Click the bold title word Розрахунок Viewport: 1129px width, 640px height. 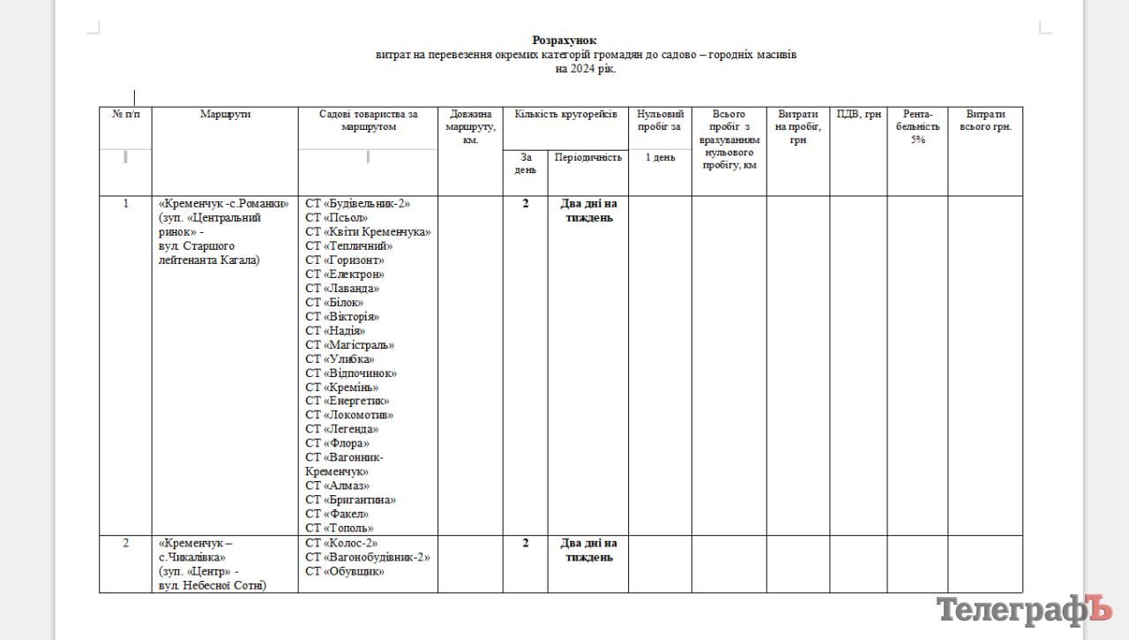coord(564,40)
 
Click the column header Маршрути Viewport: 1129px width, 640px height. coord(225,115)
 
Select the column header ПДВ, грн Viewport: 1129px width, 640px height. coord(858,115)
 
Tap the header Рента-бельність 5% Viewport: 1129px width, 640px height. coord(917,126)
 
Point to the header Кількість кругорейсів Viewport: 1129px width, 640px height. coord(565,115)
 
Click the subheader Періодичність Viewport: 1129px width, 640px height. coord(587,157)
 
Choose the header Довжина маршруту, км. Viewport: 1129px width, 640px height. coord(470,127)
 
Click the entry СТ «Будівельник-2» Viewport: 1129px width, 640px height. coord(358,204)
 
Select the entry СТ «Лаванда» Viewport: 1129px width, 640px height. coord(342,289)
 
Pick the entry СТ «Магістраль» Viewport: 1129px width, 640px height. coord(349,345)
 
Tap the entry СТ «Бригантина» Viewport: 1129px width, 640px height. coord(350,500)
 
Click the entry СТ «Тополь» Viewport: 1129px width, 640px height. coord(340,528)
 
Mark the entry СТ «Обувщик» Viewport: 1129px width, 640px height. coord(345,571)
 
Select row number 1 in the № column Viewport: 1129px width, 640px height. coord(125,204)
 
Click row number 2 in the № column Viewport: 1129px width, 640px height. coord(125,543)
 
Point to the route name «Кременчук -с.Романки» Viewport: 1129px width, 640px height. coord(224,204)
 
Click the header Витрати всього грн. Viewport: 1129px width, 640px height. coord(985,121)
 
